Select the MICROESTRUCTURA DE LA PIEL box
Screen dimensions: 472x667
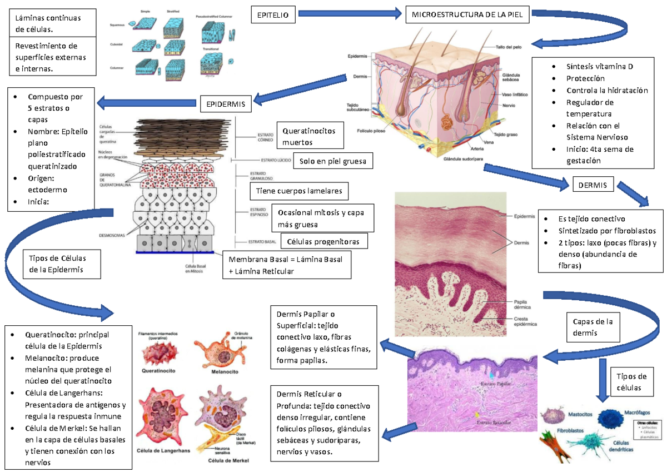(466, 15)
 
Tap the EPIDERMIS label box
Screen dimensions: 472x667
(226, 103)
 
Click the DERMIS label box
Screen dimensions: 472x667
(593, 185)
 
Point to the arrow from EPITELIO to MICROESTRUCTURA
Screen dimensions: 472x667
(349, 13)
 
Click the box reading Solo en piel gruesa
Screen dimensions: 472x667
(332, 161)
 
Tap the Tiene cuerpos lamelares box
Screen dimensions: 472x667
(299, 192)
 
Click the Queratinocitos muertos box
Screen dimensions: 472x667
(309, 137)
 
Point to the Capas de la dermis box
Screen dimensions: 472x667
(592, 327)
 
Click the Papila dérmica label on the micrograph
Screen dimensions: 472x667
(524, 304)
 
